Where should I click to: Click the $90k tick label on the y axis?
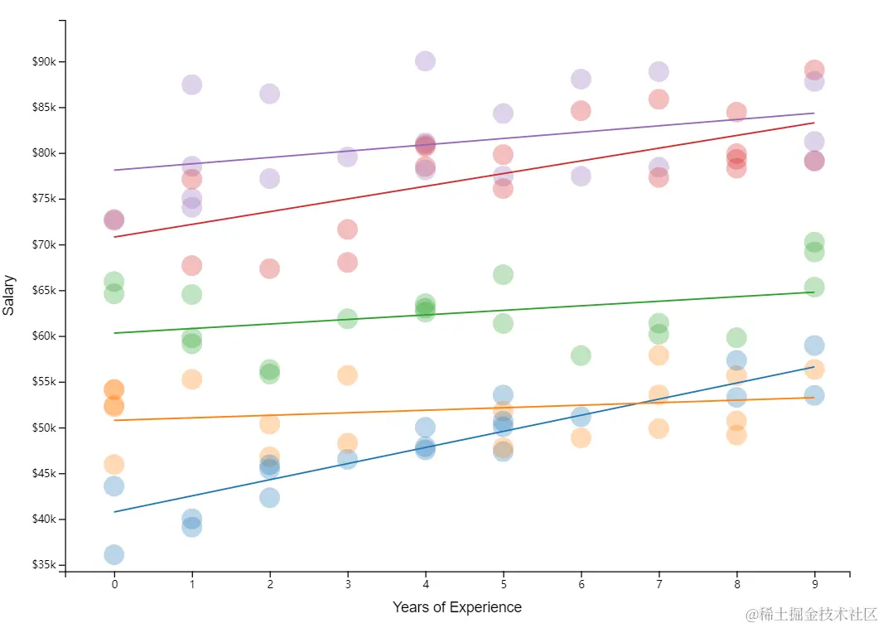pyautogui.click(x=43, y=62)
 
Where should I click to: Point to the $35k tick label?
pyautogui.click(x=43, y=565)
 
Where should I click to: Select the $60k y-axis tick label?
pyautogui.click(x=43, y=336)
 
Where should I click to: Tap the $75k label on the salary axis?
pyautogui.click(x=43, y=199)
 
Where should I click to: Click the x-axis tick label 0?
pyautogui.click(x=114, y=584)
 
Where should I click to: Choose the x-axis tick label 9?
pyautogui.click(x=814, y=584)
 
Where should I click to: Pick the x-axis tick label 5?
pyautogui.click(x=503, y=584)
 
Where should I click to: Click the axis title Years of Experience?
pyautogui.click(x=456, y=607)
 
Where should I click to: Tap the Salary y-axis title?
pyautogui.click(x=9, y=296)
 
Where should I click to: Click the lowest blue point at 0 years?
pyautogui.click(x=114, y=554)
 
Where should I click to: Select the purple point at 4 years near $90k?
pyautogui.click(x=425, y=61)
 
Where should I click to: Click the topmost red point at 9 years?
pyautogui.click(x=814, y=70)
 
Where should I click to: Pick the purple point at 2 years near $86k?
pyautogui.click(x=269, y=94)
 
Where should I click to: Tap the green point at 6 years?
pyautogui.click(x=581, y=355)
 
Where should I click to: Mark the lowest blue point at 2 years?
pyautogui.click(x=269, y=498)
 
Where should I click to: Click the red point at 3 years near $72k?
pyautogui.click(x=347, y=229)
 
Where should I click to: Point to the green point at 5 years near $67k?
pyautogui.click(x=503, y=274)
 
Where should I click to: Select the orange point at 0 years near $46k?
pyautogui.click(x=114, y=464)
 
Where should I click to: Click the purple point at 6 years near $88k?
pyautogui.click(x=581, y=80)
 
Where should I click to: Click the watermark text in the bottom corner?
pyautogui.click(x=811, y=614)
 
